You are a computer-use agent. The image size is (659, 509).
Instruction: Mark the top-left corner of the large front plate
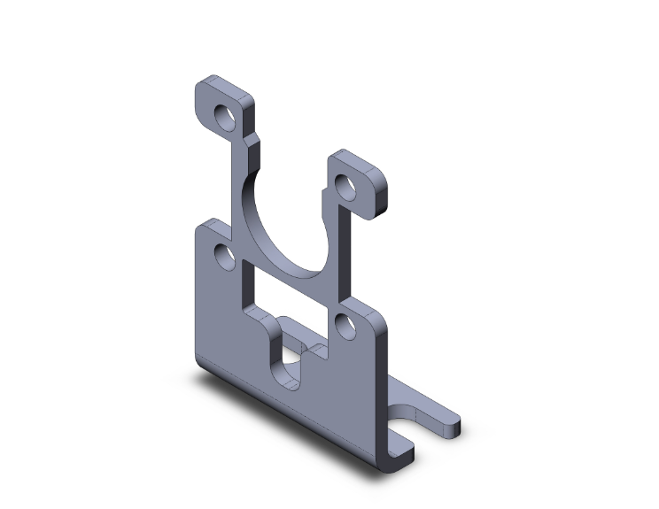198,226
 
